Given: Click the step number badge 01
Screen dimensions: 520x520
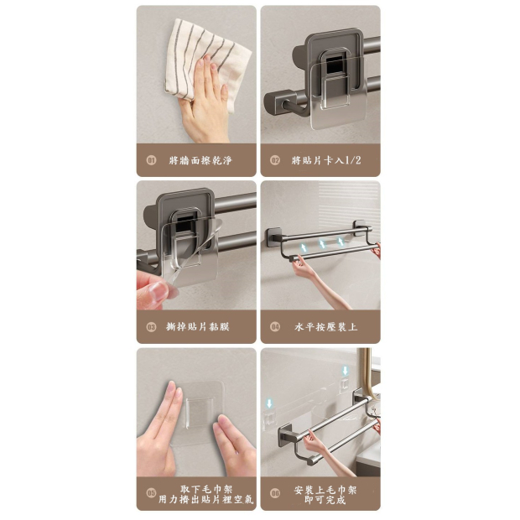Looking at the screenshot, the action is click(151, 160).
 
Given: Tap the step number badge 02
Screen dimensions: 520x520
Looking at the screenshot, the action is click(275, 160).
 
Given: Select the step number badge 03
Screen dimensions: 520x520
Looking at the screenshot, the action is click(151, 327).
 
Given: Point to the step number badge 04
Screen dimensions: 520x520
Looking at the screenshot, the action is click(275, 327).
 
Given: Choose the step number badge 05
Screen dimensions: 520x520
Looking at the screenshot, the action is click(151, 493).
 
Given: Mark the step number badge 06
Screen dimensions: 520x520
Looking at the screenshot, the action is click(275, 493).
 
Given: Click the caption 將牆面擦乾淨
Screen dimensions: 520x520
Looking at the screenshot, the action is click(200, 160).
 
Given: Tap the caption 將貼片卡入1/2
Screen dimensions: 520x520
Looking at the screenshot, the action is click(326, 160).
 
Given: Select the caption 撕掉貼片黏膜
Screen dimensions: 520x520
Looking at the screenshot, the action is click(198, 327).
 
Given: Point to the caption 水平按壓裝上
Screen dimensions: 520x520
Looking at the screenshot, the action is click(326, 327).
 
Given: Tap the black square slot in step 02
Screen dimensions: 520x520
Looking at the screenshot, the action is click(335, 65).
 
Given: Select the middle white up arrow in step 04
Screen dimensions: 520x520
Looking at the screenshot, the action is click(322, 244).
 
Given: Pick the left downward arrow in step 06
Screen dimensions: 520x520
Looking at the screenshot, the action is click(269, 403).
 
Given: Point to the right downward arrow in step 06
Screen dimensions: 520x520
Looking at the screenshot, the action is click(346, 371).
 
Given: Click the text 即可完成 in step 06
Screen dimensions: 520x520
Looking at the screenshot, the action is click(325, 500).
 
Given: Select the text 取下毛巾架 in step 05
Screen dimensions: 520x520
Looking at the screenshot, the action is click(206, 490).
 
